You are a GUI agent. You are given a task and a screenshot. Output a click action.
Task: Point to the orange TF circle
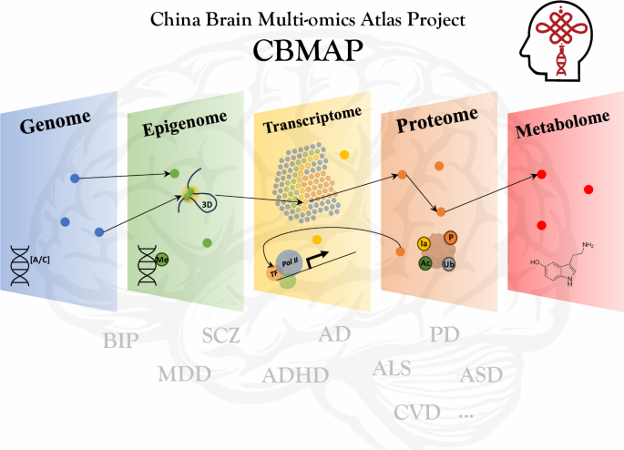pyautogui.click(x=271, y=272)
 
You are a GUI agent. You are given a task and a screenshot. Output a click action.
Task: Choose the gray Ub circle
pyautogui.click(x=448, y=263)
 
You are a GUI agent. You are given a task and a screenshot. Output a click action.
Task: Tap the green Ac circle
pyautogui.click(x=425, y=262)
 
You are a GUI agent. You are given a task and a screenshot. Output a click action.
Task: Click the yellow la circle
pyautogui.click(x=424, y=243)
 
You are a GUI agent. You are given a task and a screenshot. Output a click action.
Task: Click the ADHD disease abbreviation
pyautogui.click(x=294, y=375)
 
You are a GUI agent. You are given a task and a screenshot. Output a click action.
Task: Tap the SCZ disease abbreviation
pyautogui.click(x=220, y=336)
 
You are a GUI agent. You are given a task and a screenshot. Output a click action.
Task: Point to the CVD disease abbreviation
pyautogui.click(x=417, y=412)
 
